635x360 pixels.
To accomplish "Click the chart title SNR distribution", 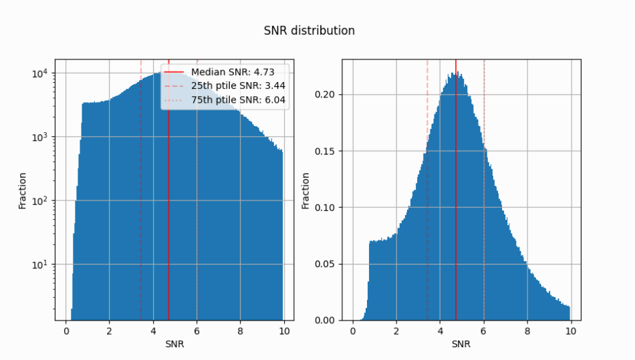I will click(x=309, y=31).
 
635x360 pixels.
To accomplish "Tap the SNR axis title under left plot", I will click(x=174, y=345).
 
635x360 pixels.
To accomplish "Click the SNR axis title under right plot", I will click(x=461, y=345).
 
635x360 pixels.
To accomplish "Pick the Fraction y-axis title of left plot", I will click(x=22, y=190).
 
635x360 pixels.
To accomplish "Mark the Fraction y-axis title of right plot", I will click(x=305, y=190).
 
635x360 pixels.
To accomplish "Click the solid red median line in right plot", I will click(x=456, y=200).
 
